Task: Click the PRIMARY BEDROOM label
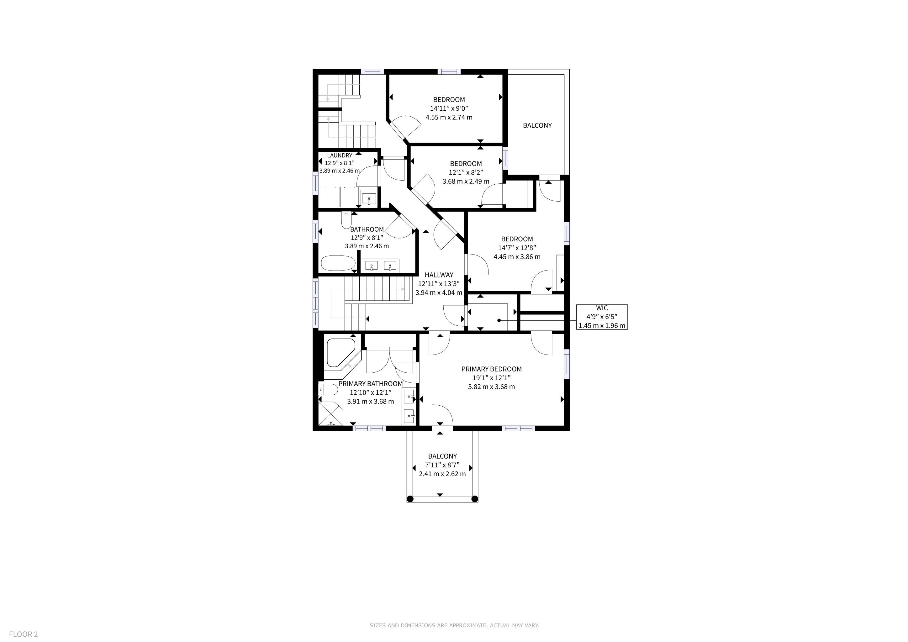[x=491, y=369]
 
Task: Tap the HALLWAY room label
[x=439, y=275]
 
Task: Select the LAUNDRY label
[x=339, y=155]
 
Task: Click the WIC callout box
[x=602, y=317]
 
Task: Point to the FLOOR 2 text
[x=23, y=634]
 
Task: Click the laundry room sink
[x=369, y=198]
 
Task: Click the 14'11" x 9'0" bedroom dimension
[x=449, y=108]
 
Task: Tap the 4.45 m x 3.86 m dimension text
[x=517, y=256]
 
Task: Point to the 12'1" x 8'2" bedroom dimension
[x=466, y=172]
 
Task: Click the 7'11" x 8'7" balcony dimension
[x=442, y=465]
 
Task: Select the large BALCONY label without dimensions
[x=537, y=125]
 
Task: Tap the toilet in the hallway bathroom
[x=346, y=219]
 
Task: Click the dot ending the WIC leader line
[x=499, y=320]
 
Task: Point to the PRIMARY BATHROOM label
[x=371, y=383]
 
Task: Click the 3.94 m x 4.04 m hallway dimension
[x=439, y=292]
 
